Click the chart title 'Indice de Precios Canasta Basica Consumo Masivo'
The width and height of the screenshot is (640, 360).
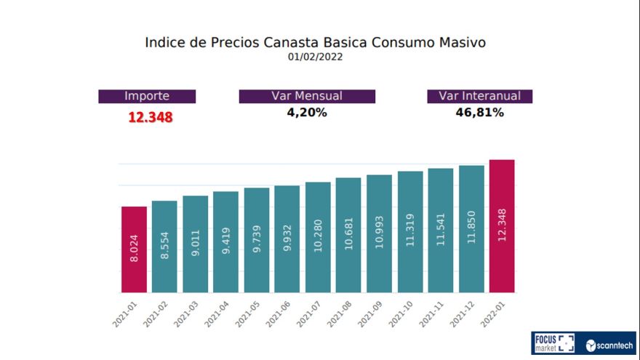coord(315,42)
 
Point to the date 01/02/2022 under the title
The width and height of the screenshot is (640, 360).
coord(315,57)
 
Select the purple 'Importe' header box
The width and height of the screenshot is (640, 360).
coord(147,96)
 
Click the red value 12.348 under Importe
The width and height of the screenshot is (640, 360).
coord(151,117)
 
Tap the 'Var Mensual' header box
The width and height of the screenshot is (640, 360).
coord(307,96)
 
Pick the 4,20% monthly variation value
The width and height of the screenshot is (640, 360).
coord(307,113)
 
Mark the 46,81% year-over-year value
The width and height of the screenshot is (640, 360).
coord(479,113)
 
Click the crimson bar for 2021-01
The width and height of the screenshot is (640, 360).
coord(134,249)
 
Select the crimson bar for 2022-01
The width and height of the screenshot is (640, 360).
coord(502,225)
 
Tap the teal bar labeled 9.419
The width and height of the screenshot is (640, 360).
coord(225,241)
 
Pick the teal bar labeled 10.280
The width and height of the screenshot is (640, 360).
coord(318,236)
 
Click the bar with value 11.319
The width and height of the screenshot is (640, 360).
coord(410,231)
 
